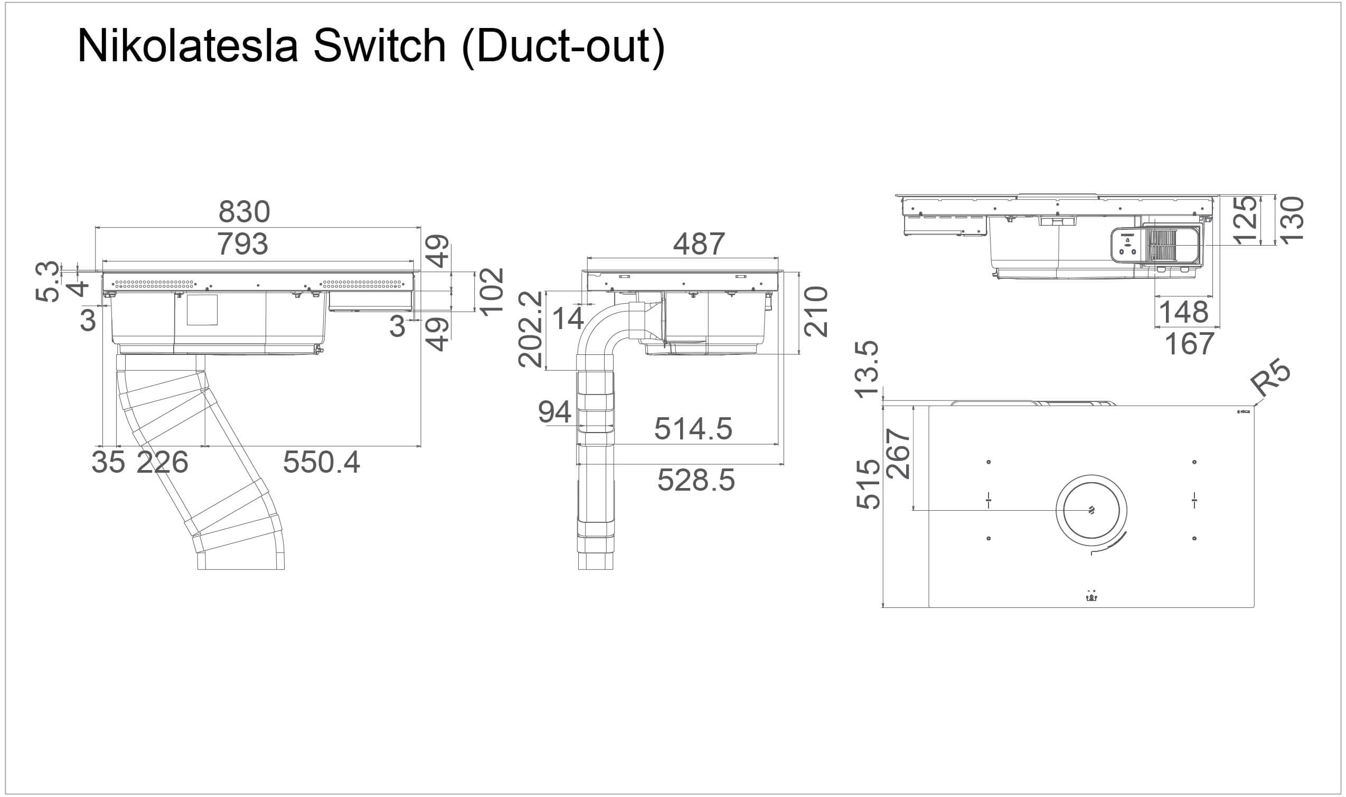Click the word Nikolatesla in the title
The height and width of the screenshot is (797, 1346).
pyautogui.click(x=187, y=46)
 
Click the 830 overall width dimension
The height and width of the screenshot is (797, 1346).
pyautogui.click(x=244, y=212)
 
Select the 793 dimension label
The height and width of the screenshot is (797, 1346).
pyautogui.click(x=243, y=245)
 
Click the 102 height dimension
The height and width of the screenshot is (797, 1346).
pyautogui.click(x=492, y=292)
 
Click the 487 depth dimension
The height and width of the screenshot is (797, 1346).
pyautogui.click(x=699, y=245)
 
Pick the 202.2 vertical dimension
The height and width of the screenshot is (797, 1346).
pyautogui.click(x=531, y=329)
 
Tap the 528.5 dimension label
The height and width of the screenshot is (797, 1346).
pyautogui.click(x=696, y=480)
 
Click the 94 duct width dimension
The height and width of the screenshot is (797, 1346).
pyautogui.click(x=554, y=412)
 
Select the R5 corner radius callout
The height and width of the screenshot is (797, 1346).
pyautogui.click(x=1270, y=379)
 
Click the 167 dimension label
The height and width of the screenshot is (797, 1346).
pyautogui.click(x=1189, y=344)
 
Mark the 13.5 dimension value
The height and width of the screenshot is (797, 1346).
pyautogui.click(x=868, y=369)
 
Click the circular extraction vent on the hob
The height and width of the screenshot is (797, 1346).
pyautogui.click(x=1091, y=510)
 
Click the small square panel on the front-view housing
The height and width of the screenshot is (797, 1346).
pyautogui.click(x=202, y=310)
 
